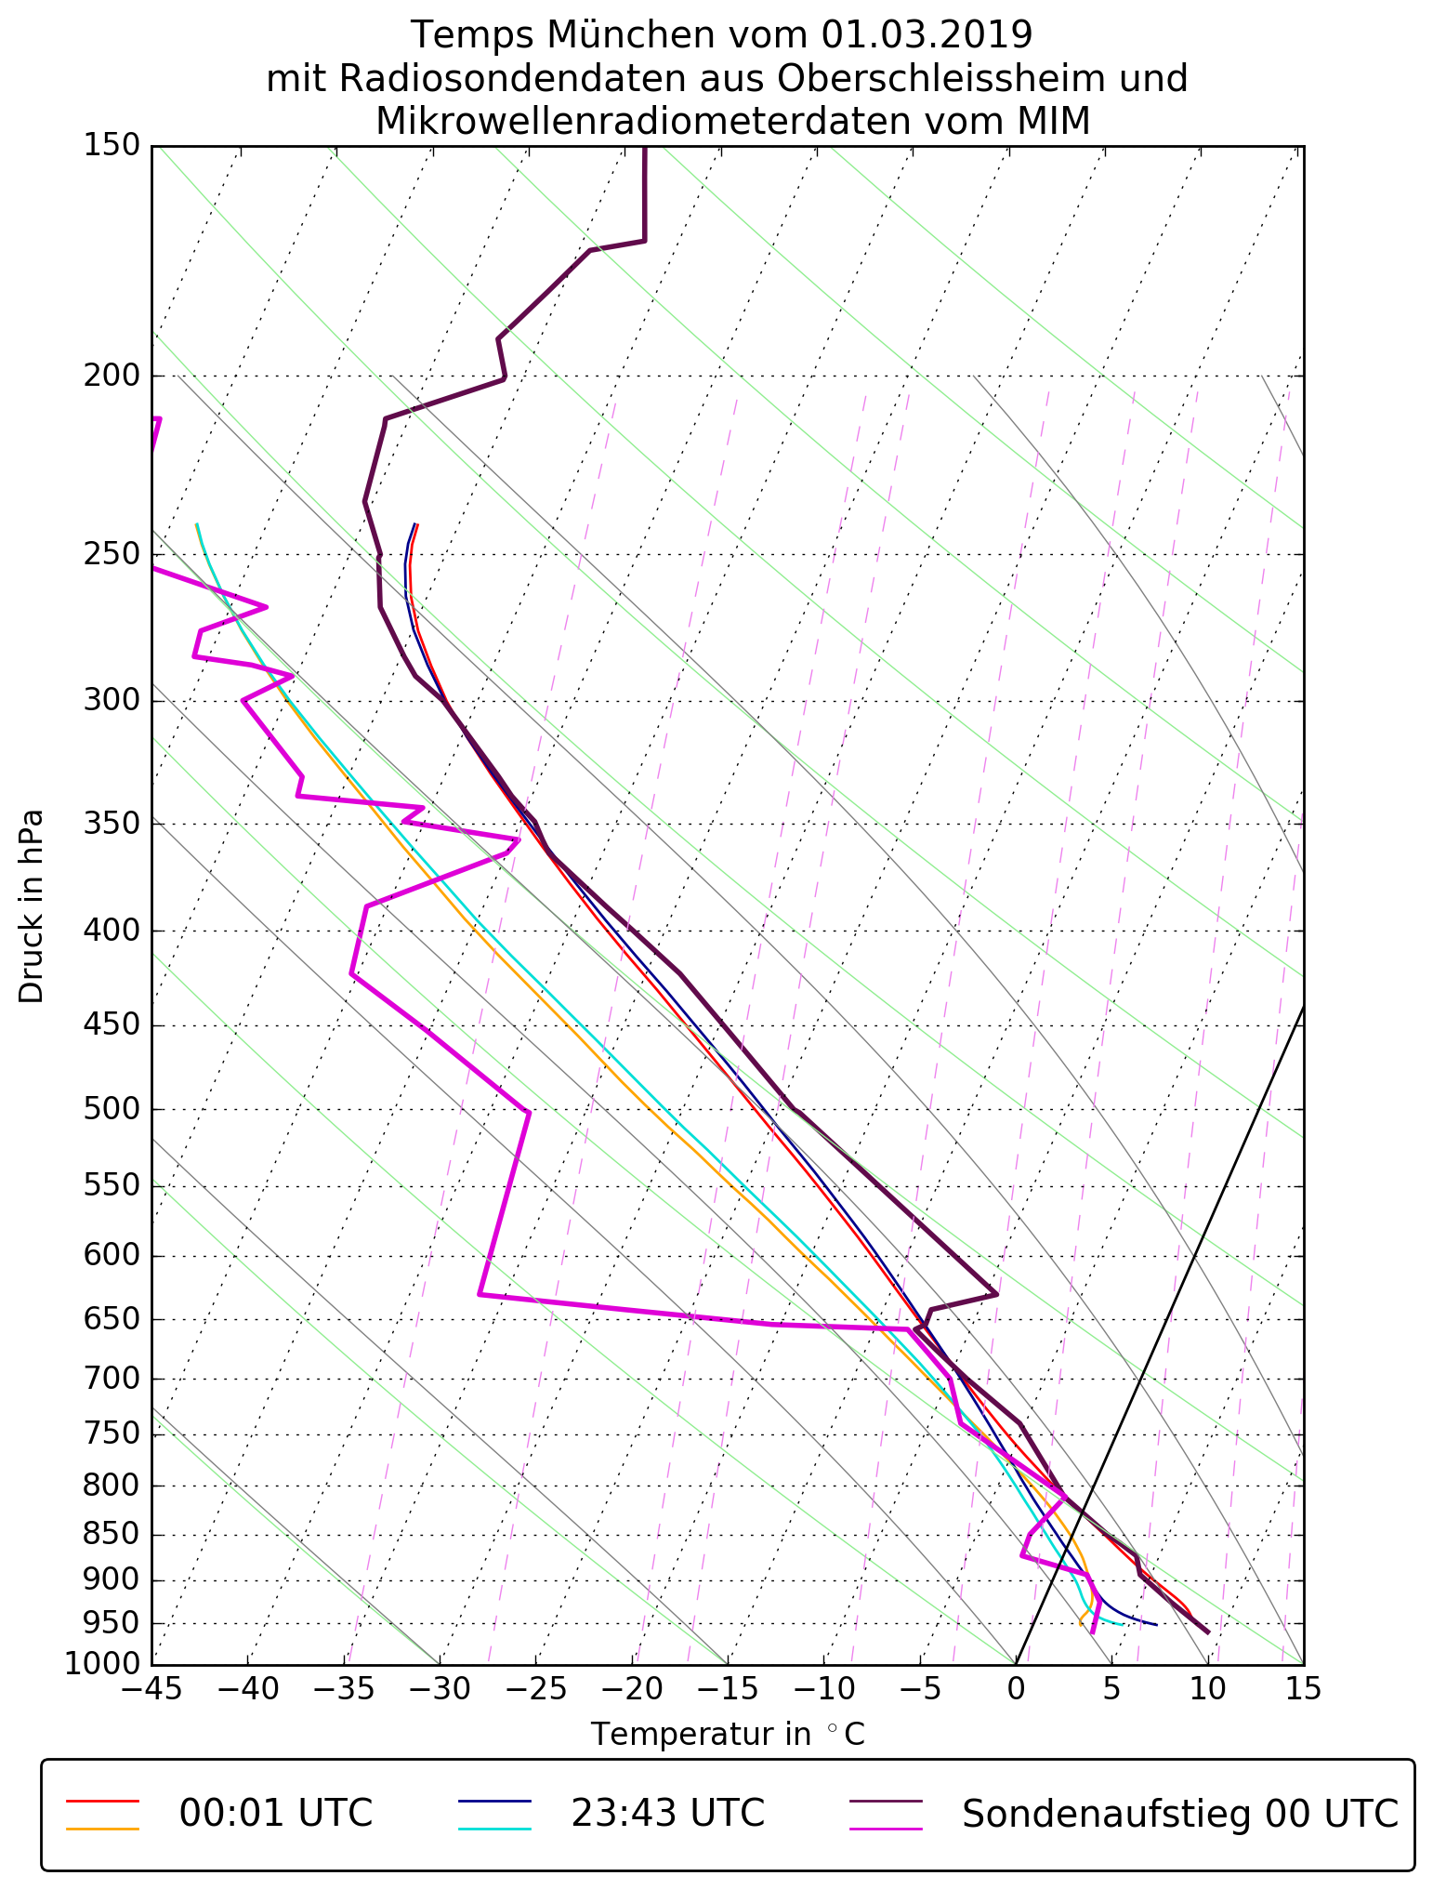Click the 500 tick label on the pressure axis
pos(111,1110)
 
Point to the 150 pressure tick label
pos(111,146)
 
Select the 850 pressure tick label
pos(111,1536)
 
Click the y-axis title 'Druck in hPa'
pos(32,906)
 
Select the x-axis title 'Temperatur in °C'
pos(728,1734)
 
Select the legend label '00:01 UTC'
pos(276,1813)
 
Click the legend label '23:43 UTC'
pos(667,1813)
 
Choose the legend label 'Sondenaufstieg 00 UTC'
pos(1179,1813)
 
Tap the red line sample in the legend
pos(102,1801)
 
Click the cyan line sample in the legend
pos(494,1829)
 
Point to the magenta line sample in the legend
pos(887,1829)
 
